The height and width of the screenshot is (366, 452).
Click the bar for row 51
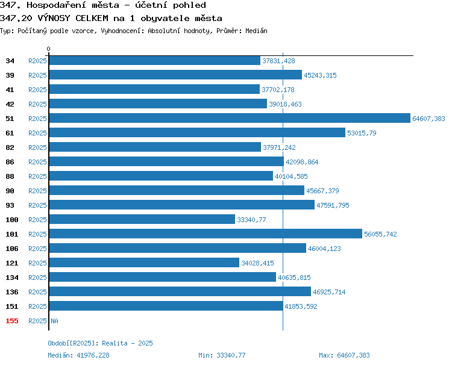click(x=230, y=118)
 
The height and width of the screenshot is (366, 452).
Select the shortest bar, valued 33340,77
click(x=142, y=219)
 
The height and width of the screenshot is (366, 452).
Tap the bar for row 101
click(x=206, y=234)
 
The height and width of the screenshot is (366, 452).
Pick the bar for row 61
click(x=197, y=132)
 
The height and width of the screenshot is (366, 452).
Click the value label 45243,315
click(x=320, y=75)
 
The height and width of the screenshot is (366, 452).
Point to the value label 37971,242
click(x=279, y=147)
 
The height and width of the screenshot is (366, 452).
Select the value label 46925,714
click(x=329, y=292)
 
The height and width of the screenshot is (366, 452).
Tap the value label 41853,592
click(x=301, y=306)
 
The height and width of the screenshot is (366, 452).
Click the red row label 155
click(x=12, y=321)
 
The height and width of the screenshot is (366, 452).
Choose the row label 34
click(x=10, y=61)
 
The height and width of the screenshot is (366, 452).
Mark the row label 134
click(x=12, y=278)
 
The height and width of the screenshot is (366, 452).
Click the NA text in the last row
click(x=54, y=321)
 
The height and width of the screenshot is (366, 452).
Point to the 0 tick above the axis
click(x=48, y=49)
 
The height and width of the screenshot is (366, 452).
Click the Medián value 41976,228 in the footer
click(x=93, y=355)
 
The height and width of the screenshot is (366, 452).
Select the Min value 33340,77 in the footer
click(x=231, y=355)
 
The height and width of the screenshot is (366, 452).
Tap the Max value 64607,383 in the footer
click(x=353, y=355)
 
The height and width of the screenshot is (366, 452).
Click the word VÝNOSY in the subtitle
click(x=54, y=18)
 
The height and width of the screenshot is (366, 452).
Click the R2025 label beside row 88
click(x=37, y=176)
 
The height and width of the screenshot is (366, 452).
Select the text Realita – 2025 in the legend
click(x=127, y=343)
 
